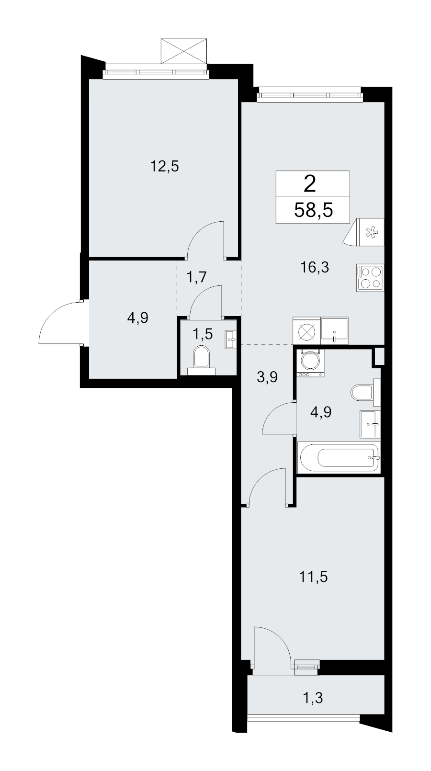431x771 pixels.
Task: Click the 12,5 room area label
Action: pos(165,167)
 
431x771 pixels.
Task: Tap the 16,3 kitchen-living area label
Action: pos(315,267)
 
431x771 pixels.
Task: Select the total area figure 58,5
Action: pos(313,210)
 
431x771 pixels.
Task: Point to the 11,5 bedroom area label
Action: pos(313,577)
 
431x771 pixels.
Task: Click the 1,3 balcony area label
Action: pos(313,698)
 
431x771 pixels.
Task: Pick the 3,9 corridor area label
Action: pos(267,377)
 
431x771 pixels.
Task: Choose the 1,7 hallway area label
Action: pos(196,277)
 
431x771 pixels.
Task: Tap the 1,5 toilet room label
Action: pos(203,334)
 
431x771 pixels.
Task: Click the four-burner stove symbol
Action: pos(370,278)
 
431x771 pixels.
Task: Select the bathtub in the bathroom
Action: pos(339,458)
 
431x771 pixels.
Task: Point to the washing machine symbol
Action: pos(310,363)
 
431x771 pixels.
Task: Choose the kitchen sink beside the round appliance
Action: pos(334,330)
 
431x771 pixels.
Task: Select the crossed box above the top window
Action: pos(184,51)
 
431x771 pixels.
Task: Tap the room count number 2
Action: pos(310,184)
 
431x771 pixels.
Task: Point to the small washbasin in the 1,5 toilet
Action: pos(231,340)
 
